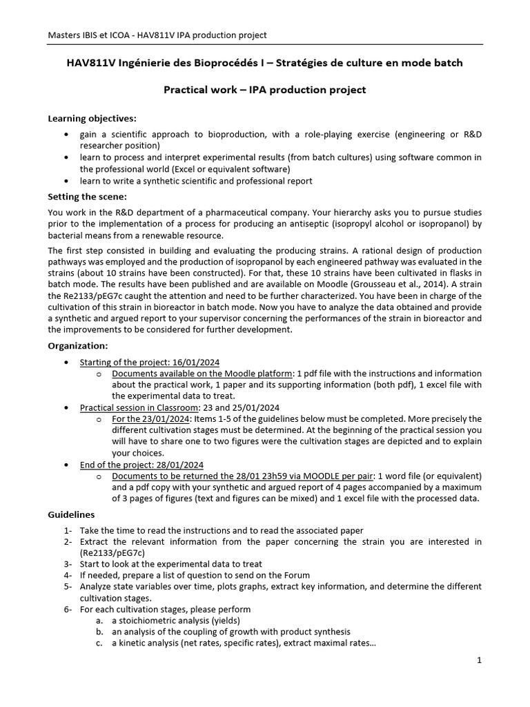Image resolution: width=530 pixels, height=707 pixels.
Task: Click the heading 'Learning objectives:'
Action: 92,118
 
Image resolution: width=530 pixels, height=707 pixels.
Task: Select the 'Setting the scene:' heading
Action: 87,196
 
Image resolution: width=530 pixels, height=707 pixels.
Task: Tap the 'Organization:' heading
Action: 78,345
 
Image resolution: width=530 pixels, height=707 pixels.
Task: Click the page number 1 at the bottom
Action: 479,660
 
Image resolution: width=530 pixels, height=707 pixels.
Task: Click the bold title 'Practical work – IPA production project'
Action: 264,90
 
